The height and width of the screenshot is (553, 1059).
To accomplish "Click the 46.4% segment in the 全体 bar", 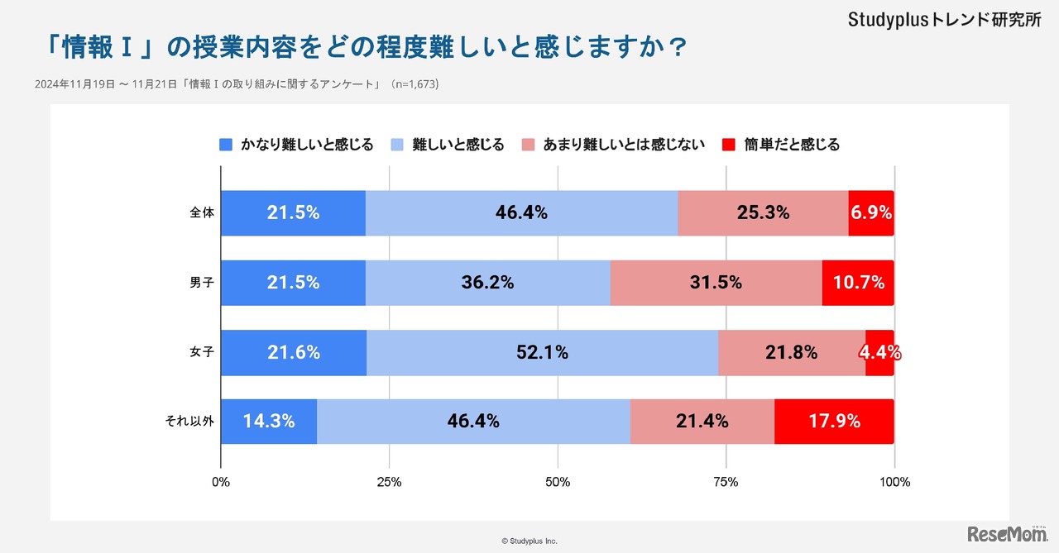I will point(521,212).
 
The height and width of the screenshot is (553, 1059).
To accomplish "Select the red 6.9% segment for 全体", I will point(870,212).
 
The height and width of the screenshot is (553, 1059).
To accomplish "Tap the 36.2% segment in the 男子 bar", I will point(487,282).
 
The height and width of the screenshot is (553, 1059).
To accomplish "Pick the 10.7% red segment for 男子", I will point(857,282).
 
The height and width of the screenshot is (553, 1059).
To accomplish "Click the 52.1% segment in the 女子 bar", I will point(542,352).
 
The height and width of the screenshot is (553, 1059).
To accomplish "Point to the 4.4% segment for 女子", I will point(879,352).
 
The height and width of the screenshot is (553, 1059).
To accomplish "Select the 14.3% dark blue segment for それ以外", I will point(269,421).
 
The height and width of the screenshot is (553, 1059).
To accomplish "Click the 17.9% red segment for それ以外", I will point(833,421).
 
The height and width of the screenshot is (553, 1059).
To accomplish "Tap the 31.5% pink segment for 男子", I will point(716,282).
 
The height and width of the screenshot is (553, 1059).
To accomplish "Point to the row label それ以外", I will point(189,421).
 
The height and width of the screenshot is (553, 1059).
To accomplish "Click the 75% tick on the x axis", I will point(726,482).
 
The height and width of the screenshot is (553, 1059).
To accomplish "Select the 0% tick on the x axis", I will point(221,482).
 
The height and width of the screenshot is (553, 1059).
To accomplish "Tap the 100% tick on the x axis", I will point(895,482).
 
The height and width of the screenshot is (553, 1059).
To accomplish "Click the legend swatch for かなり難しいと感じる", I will point(226,145).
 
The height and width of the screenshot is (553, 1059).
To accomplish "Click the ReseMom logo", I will point(1007,534).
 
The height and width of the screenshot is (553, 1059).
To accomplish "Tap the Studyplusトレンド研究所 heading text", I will point(945,21).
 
